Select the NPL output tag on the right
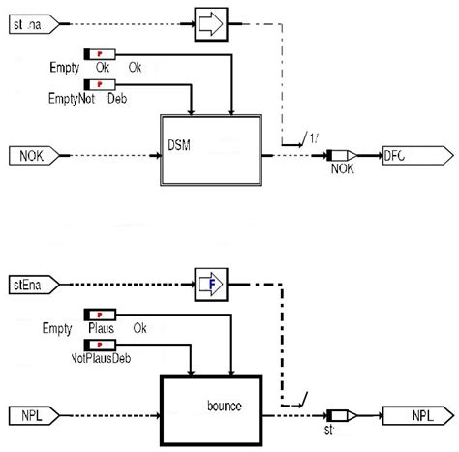point(414,414)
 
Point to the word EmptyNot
point(69,98)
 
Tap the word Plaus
point(101,328)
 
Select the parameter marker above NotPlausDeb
point(101,344)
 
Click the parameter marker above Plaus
point(101,314)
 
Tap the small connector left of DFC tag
point(342,153)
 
